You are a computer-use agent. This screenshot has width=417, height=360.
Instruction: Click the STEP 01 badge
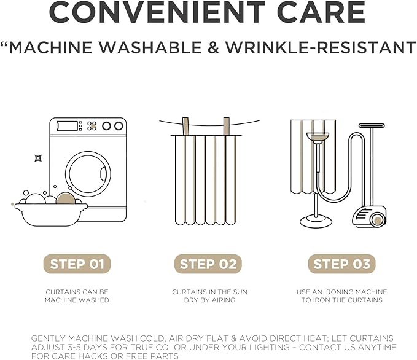click(x=77, y=264)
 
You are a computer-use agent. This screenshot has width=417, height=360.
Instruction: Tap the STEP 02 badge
click(x=208, y=264)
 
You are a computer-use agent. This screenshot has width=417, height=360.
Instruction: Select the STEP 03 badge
click(x=341, y=264)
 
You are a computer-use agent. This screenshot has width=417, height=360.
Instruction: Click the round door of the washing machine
click(x=88, y=174)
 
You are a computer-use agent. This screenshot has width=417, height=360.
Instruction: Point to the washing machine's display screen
click(x=67, y=126)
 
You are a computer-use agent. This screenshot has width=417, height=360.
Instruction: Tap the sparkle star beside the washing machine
click(x=38, y=158)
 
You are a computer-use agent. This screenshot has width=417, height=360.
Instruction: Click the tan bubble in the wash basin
click(x=66, y=199)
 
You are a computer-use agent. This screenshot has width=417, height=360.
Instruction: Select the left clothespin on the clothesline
click(x=185, y=127)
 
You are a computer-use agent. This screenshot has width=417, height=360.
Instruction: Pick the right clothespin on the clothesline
click(x=227, y=127)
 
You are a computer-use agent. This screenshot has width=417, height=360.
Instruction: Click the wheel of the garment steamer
click(x=377, y=221)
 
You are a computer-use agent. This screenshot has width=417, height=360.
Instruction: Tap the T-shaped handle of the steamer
click(x=372, y=125)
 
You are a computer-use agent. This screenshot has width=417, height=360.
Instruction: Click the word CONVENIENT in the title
click(x=157, y=12)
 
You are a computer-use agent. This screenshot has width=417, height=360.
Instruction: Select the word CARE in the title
click(x=321, y=12)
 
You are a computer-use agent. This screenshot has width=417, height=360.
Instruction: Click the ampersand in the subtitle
click(x=214, y=48)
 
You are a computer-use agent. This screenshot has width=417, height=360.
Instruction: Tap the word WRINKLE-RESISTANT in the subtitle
click(x=321, y=48)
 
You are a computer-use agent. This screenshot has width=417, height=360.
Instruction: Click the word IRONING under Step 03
click(x=339, y=292)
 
